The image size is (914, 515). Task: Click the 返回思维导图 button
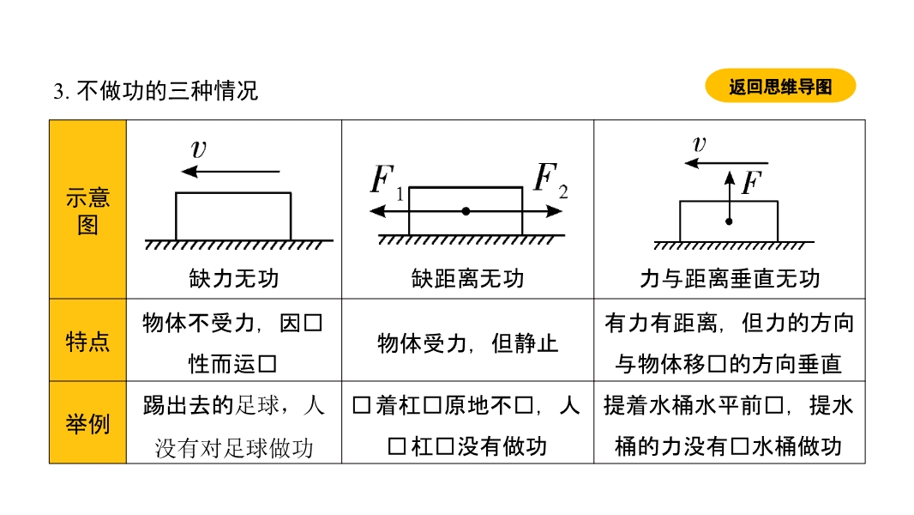click(780, 87)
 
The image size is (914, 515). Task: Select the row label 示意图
click(87, 211)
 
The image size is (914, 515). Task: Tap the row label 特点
click(87, 342)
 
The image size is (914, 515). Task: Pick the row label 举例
click(87, 423)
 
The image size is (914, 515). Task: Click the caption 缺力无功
click(234, 278)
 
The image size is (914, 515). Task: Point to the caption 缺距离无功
click(467, 278)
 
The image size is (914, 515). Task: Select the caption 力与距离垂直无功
click(729, 278)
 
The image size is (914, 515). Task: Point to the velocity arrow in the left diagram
click(232, 172)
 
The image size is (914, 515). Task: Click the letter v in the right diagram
click(699, 144)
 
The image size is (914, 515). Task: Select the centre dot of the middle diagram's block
click(466, 211)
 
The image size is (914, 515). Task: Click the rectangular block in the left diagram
click(233, 216)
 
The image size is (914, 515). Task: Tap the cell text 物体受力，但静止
click(467, 343)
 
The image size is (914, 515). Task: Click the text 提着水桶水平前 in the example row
click(685, 405)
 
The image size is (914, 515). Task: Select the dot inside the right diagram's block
click(729, 221)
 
